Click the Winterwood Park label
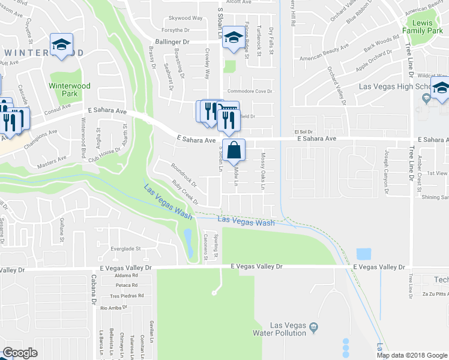point(70,89)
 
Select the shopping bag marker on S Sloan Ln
point(236,150)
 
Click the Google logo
point(20,353)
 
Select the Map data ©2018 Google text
point(412,355)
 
